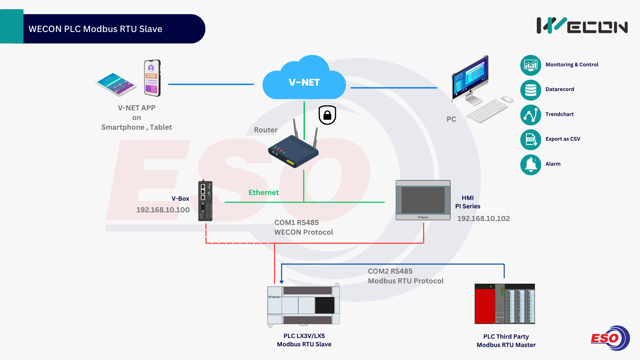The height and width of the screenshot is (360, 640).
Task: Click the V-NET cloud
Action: [x=304, y=80]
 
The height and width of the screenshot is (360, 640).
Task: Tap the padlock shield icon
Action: [x=327, y=115]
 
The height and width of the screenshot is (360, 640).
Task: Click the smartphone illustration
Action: [x=152, y=78]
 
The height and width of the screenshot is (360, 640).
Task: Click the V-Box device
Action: [x=205, y=201]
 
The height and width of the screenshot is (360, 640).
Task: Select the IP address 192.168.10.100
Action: [x=163, y=210]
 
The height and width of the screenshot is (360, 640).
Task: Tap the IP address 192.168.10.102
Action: [x=483, y=219]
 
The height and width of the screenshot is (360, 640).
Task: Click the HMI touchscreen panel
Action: [x=423, y=200]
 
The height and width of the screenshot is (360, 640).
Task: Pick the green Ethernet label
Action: [x=263, y=193]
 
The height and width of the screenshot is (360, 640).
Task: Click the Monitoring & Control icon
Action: [x=531, y=65]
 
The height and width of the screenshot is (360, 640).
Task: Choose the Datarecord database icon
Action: [x=531, y=90]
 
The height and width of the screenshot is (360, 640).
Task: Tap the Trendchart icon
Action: [x=531, y=115]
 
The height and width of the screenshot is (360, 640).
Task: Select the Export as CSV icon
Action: [x=531, y=140]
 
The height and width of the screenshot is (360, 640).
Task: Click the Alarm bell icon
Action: [x=531, y=165]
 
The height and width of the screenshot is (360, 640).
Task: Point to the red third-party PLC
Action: [x=505, y=304]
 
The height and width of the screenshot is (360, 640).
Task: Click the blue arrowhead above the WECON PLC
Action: [x=282, y=282]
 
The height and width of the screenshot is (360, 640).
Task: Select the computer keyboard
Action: [x=487, y=111]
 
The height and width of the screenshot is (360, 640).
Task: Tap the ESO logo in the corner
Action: [x=610, y=338]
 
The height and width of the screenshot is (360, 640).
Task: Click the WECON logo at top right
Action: [x=582, y=26]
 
